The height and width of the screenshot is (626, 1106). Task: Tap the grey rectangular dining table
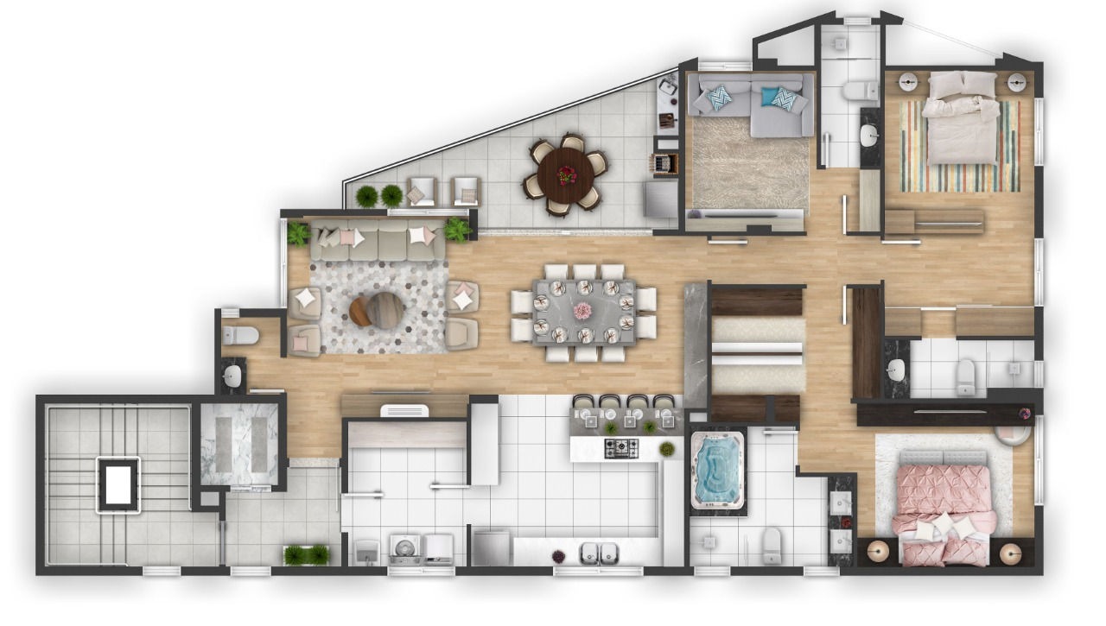click(x=584, y=312)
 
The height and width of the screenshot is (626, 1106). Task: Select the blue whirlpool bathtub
click(x=718, y=470)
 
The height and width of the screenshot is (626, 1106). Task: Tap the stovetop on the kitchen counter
click(x=620, y=448)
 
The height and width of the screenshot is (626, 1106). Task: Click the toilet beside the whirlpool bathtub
click(x=771, y=543)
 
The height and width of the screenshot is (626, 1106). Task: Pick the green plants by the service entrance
click(x=307, y=554)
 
